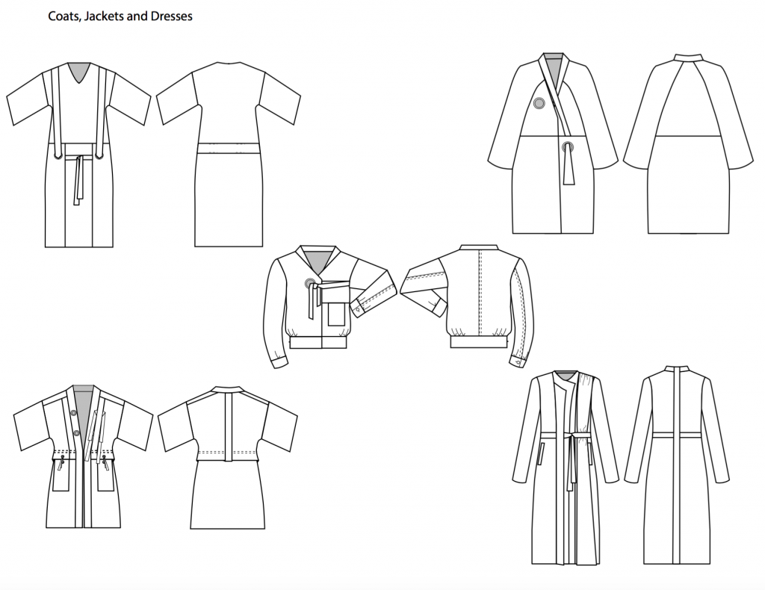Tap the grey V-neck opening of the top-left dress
point(78,73)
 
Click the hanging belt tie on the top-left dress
point(78,179)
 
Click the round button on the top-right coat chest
point(539,105)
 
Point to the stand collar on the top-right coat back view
point(688,57)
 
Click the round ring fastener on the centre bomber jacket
point(310,282)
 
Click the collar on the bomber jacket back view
point(478,247)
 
